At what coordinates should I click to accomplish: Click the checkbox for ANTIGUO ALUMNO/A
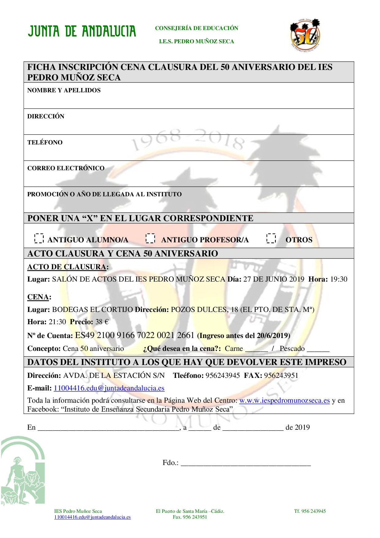click(39, 238)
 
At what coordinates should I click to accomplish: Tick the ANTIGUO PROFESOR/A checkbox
click(150, 238)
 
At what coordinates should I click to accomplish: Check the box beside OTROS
click(271, 238)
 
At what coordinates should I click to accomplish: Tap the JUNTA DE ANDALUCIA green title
click(82, 32)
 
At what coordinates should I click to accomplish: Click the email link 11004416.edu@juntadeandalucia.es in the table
click(109, 388)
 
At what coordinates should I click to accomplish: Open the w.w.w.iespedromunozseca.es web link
click(284, 400)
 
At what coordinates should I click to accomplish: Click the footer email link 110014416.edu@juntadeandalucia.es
click(92, 517)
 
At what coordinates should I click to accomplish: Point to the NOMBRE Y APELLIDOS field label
click(64, 90)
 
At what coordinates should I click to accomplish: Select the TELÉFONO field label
click(45, 142)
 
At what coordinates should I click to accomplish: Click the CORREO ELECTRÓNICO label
click(66, 168)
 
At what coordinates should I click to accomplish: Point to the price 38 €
click(102, 322)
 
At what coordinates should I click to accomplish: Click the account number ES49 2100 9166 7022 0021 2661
click(135, 335)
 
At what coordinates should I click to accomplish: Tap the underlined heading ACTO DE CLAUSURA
click(67, 267)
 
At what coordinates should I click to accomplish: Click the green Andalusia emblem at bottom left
click(23, 471)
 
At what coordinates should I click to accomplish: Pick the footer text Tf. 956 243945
click(310, 511)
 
